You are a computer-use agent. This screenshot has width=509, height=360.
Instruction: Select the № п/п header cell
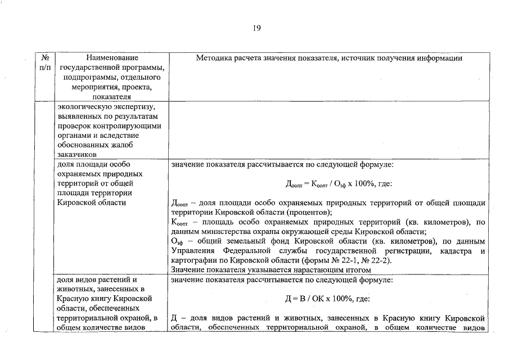[x=45, y=62]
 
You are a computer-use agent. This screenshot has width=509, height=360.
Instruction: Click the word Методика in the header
[x=212, y=58]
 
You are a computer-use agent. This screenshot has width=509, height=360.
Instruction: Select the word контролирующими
[x=132, y=126]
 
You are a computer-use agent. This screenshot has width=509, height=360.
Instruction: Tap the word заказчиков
[x=77, y=155]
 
